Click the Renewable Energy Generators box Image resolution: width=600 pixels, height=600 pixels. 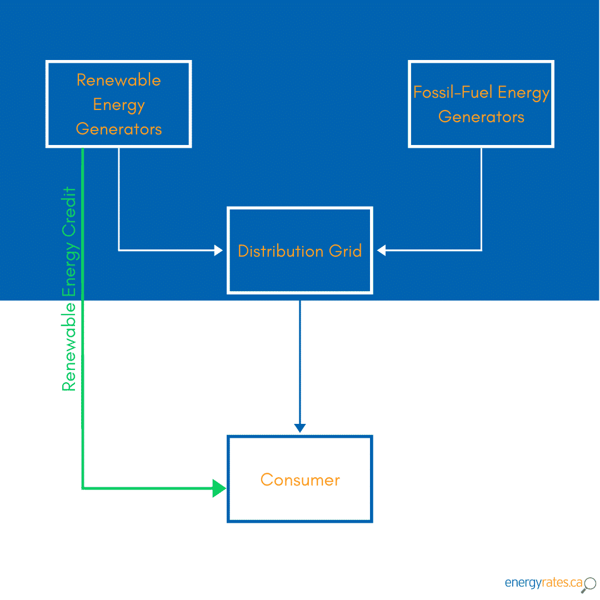click(x=118, y=104)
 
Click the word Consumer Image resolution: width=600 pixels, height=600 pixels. click(x=299, y=480)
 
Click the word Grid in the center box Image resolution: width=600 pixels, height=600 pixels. click(x=345, y=251)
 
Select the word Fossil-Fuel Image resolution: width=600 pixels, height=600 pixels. click(x=452, y=92)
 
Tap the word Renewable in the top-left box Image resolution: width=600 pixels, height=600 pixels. click(x=118, y=80)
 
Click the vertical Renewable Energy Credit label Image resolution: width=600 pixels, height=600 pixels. click(x=69, y=289)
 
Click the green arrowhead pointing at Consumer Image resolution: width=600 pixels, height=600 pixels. click(x=219, y=489)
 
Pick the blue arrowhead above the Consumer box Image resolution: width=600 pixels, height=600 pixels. click(x=300, y=428)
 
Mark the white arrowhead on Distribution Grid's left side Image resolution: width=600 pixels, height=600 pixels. click(x=218, y=251)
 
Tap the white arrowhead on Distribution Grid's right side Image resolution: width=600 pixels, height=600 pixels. click(x=381, y=251)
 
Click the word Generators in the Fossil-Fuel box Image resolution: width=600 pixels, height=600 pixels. click(x=481, y=117)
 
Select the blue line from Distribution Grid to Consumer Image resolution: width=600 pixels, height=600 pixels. click(x=300, y=361)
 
